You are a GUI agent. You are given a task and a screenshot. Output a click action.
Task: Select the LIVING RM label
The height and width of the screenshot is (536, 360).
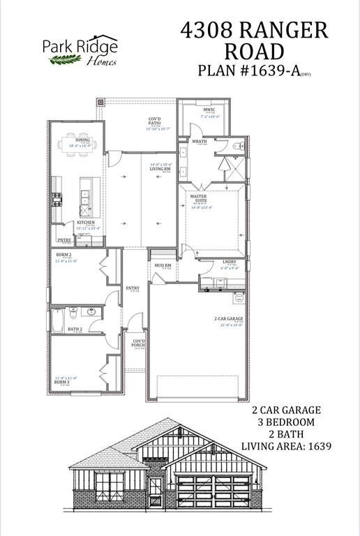point(160,167)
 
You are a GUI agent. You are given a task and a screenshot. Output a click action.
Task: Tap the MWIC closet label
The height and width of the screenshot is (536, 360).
point(209,110)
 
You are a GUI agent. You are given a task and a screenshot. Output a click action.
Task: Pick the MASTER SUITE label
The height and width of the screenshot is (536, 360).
point(199,200)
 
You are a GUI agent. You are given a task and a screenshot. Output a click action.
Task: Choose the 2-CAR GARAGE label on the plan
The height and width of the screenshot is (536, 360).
point(228,320)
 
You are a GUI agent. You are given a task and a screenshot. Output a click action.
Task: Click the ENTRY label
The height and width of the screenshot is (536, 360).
point(133,288)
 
